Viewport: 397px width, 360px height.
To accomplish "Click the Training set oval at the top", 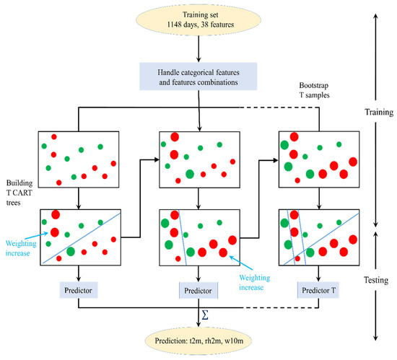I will click(x=198, y=23).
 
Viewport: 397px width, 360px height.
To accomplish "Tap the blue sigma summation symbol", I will click(x=206, y=314).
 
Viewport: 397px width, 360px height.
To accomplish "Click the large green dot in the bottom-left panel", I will click(x=71, y=251).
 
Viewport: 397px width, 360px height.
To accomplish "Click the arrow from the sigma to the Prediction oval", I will click(x=198, y=322).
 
